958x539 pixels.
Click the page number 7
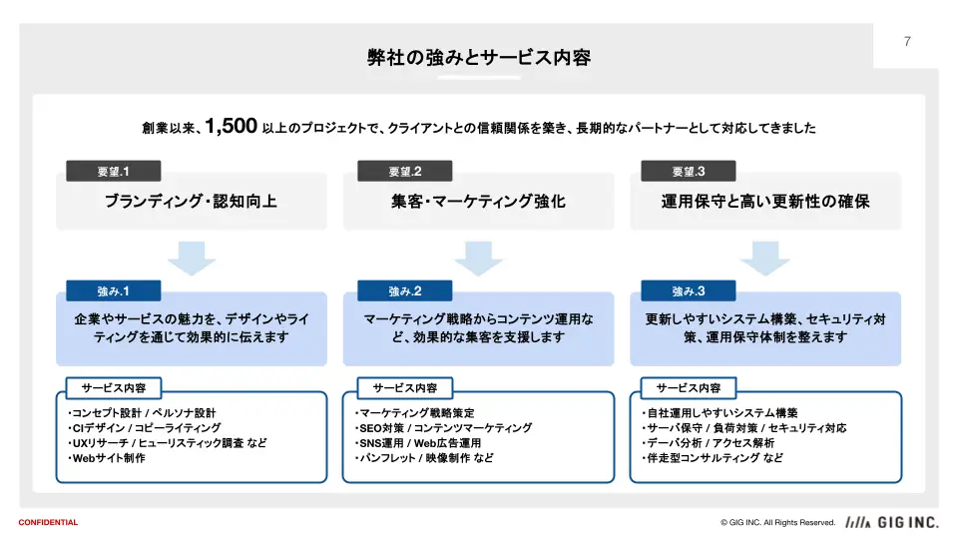(907, 42)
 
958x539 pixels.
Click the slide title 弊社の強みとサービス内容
(479, 58)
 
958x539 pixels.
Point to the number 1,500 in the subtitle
(231, 126)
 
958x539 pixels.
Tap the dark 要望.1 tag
(114, 171)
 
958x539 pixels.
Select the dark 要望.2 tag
(405, 171)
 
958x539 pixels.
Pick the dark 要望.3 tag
(689, 171)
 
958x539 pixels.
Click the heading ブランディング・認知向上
(192, 201)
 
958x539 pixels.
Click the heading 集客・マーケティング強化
(478, 201)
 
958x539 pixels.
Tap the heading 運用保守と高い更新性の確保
(765, 201)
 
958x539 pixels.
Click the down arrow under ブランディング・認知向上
(192, 258)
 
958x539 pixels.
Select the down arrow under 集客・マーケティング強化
(478, 258)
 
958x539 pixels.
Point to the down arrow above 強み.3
(765, 258)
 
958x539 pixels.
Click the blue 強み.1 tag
(114, 290)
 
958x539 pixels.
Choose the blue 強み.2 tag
(405, 290)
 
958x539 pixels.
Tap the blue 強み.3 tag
(689, 290)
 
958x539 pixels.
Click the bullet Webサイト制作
(107, 458)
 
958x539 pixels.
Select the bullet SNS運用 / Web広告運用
(418, 443)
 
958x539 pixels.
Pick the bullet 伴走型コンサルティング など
(713, 458)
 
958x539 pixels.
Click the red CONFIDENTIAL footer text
(48, 522)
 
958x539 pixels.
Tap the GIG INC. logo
(892, 522)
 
